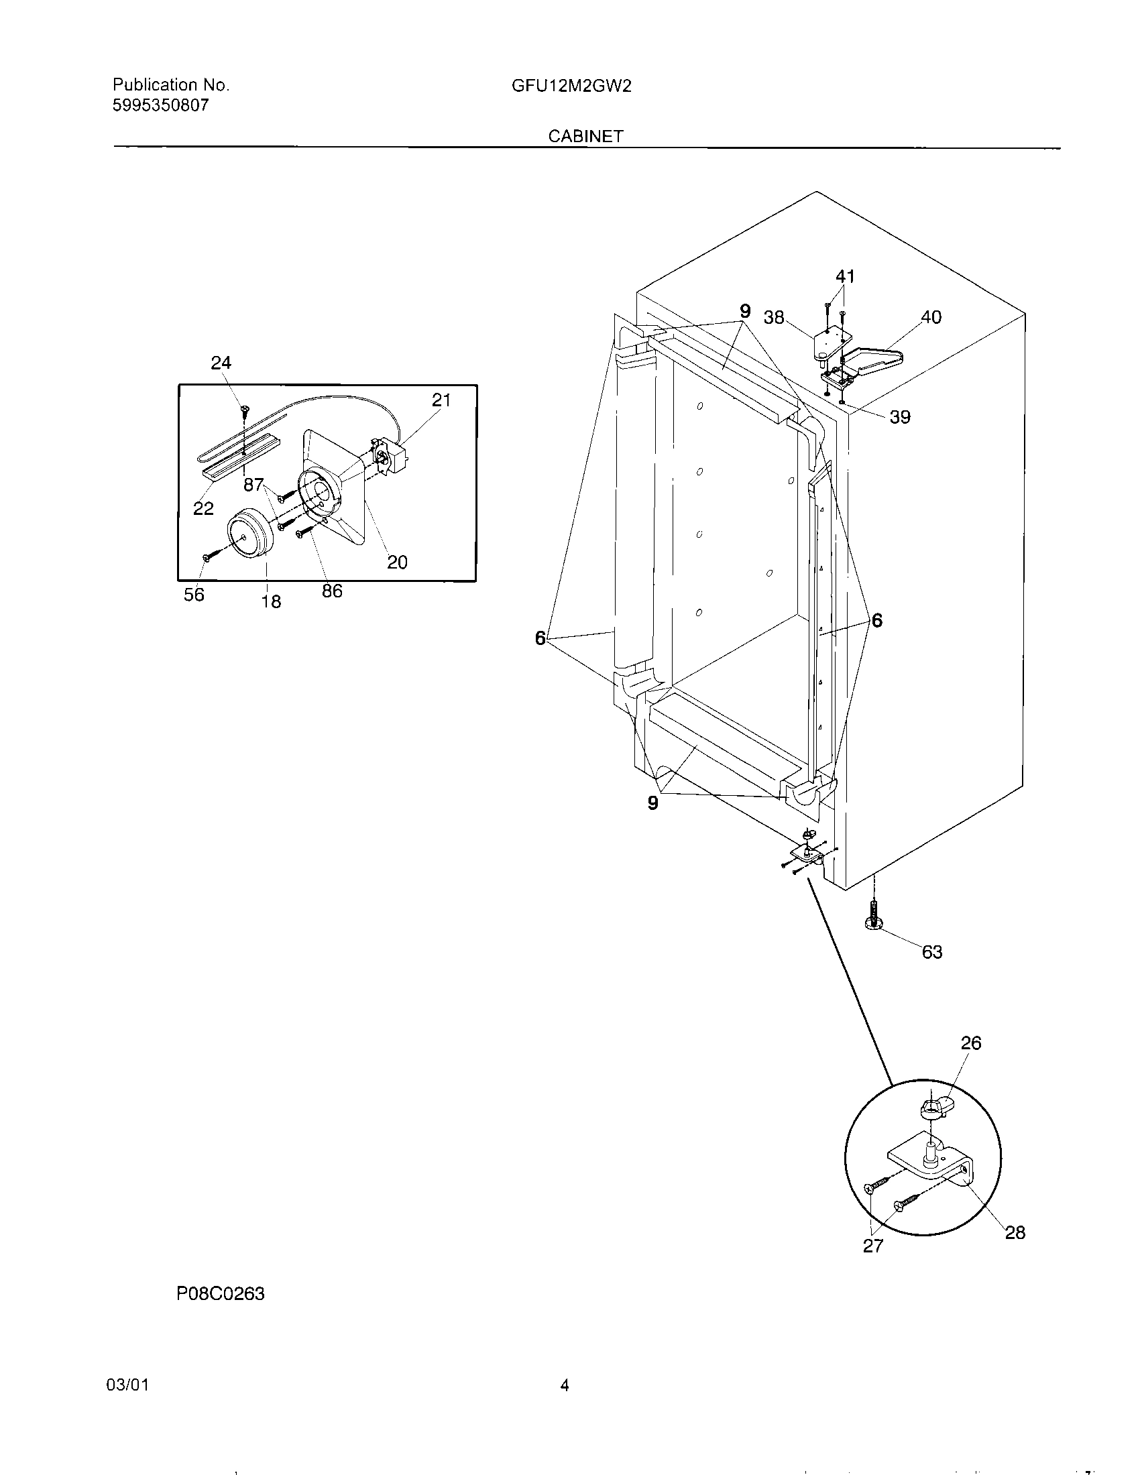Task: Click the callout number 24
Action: click(221, 363)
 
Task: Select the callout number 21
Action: click(441, 400)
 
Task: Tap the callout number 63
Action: click(932, 952)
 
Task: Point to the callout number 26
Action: click(971, 1043)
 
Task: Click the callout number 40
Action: click(931, 317)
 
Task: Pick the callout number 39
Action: click(899, 418)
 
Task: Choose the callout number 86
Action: click(331, 591)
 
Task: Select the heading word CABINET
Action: click(585, 136)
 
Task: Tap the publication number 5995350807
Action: click(161, 105)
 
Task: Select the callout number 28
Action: click(1015, 1233)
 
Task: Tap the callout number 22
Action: click(203, 509)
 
